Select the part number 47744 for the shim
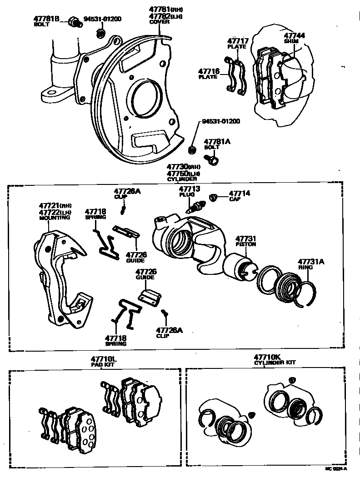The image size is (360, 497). (x=294, y=35)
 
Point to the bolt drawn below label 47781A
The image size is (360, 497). (x=212, y=159)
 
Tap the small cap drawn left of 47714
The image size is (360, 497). (x=212, y=197)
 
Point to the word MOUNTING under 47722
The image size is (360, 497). (x=55, y=218)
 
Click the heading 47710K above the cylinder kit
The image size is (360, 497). (x=268, y=357)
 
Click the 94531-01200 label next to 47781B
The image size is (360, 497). (x=102, y=20)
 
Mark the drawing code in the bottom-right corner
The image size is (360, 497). (x=336, y=469)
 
